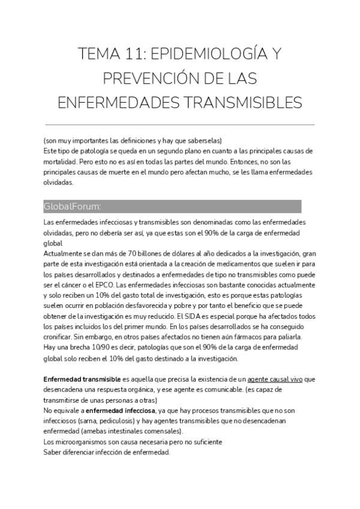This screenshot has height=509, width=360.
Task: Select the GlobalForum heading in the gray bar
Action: tap(72, 206)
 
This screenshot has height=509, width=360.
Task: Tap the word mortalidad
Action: tap(60, 162)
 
